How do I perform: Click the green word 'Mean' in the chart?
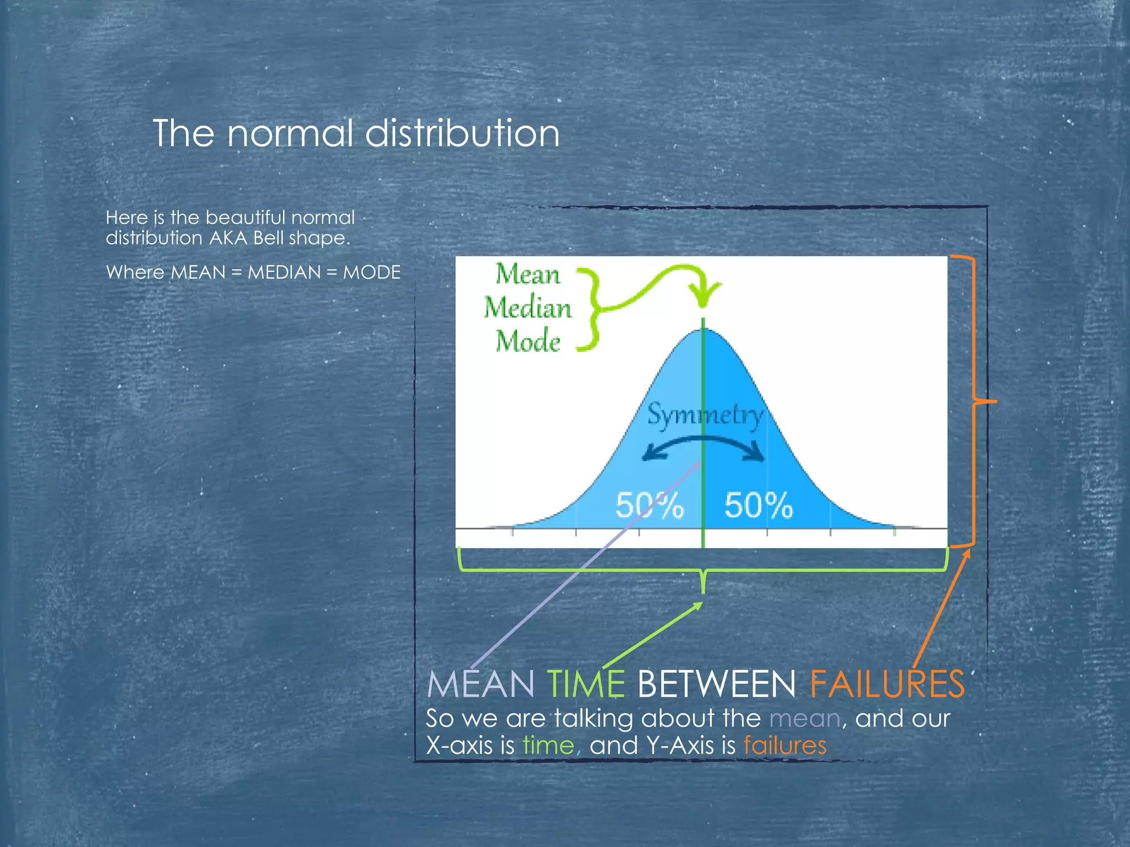click(527, 274)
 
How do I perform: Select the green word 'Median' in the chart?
click(527, 308)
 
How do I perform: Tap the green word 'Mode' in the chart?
click(527, 341)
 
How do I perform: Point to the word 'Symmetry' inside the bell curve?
click(706, 415)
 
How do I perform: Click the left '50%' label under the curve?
click(649, 505)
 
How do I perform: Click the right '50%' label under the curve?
click(759, 505)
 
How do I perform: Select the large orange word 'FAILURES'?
click(887, 684)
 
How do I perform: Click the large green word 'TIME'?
click(586, 684)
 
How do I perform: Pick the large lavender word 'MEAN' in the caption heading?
click(480, 684)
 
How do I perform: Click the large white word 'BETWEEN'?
click(716, 684)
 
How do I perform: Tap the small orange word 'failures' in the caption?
click(785, 746)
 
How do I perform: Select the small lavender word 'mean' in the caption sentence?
click(804, 719)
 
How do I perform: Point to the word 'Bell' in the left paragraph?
click(268, 238)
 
